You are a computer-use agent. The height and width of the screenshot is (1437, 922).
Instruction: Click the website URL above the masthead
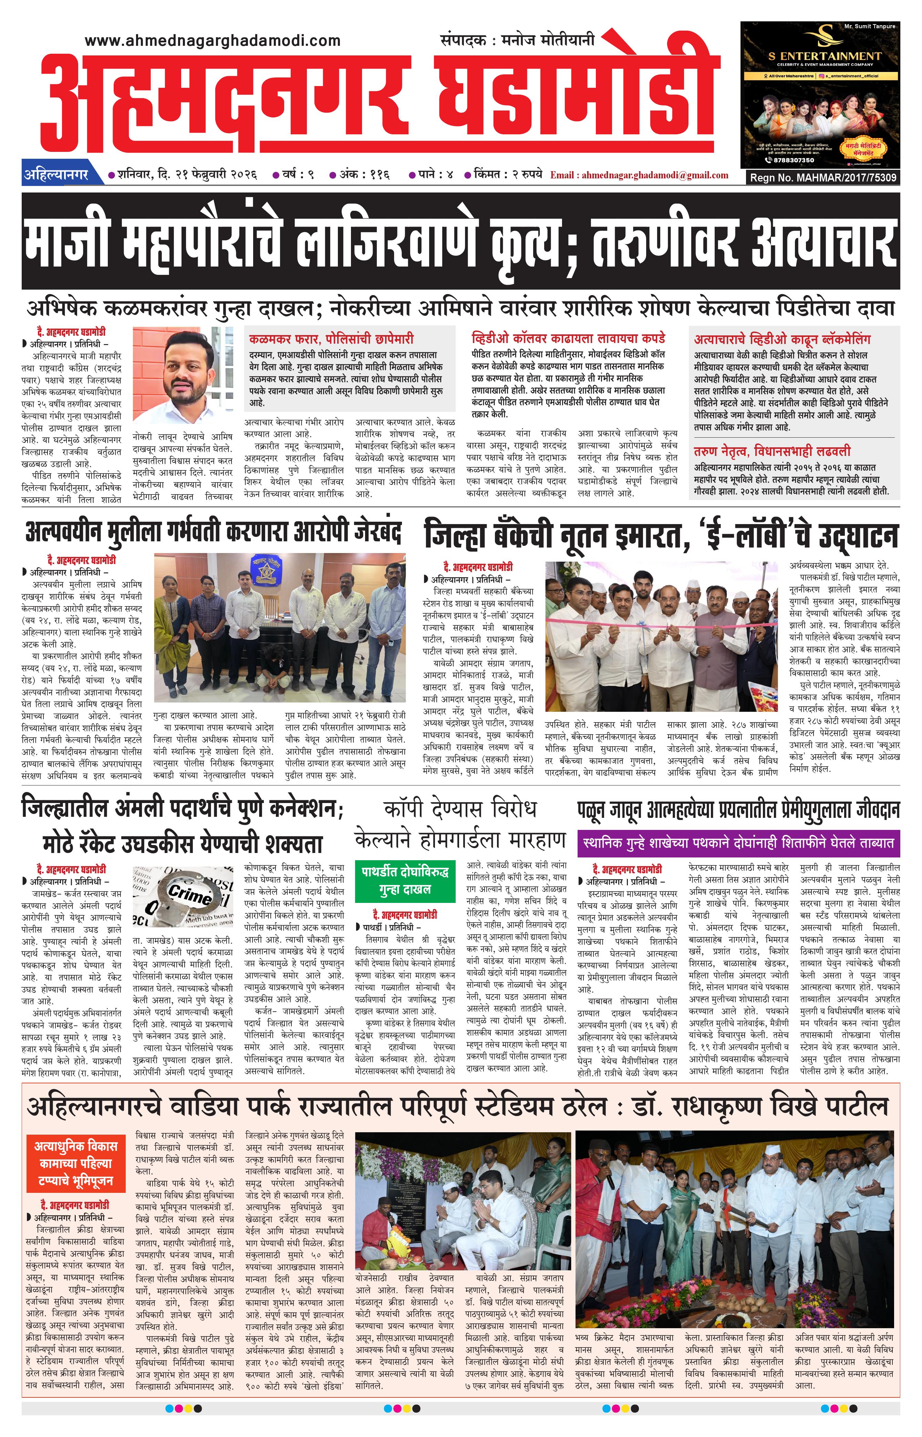(213, 41)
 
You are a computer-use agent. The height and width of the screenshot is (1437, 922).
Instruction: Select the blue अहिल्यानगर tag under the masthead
(56, 175)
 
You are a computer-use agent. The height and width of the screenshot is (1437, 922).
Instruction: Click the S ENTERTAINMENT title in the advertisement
(825, 56)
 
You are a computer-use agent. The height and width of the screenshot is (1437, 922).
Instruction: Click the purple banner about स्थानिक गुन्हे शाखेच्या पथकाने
(738, 843)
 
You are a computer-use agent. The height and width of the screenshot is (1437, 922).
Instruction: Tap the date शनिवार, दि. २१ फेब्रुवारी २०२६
(187, 175)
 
